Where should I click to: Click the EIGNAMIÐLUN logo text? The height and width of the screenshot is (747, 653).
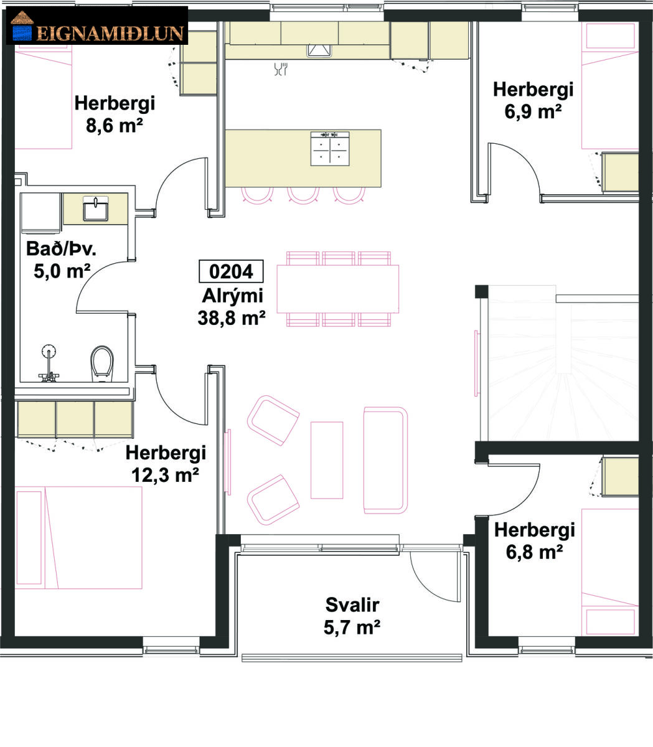click(x=110, y=34)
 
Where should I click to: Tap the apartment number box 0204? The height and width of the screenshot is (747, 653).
click(x=231, y=271)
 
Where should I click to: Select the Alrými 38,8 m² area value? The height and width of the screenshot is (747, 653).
click(x=232, y=318)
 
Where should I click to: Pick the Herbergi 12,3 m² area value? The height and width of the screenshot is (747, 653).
click(x=165, y=475)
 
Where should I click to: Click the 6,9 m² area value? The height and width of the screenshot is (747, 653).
click(x=533, y=111)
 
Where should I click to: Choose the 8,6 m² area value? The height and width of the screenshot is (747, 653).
click(x=115, y=125)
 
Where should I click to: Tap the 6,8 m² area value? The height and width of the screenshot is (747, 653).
click(x=534, y=552)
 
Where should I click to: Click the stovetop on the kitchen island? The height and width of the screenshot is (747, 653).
click(x=330, y=149)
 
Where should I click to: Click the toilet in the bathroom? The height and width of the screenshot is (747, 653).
click(x=102, y=363)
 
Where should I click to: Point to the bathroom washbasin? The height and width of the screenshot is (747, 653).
click(x=95, y=209)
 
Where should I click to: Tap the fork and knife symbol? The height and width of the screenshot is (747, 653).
click(x=281, y=69)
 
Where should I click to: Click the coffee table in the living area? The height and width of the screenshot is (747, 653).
click(x=327, y=460)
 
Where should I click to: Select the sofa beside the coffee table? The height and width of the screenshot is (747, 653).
click(x=385, y=460)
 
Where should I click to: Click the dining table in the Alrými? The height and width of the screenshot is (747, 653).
click(x=337, y=289)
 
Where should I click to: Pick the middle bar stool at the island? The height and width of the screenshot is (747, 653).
click(x=303, y=195)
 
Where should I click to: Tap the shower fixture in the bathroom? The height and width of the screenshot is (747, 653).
click(x=49, y=363)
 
